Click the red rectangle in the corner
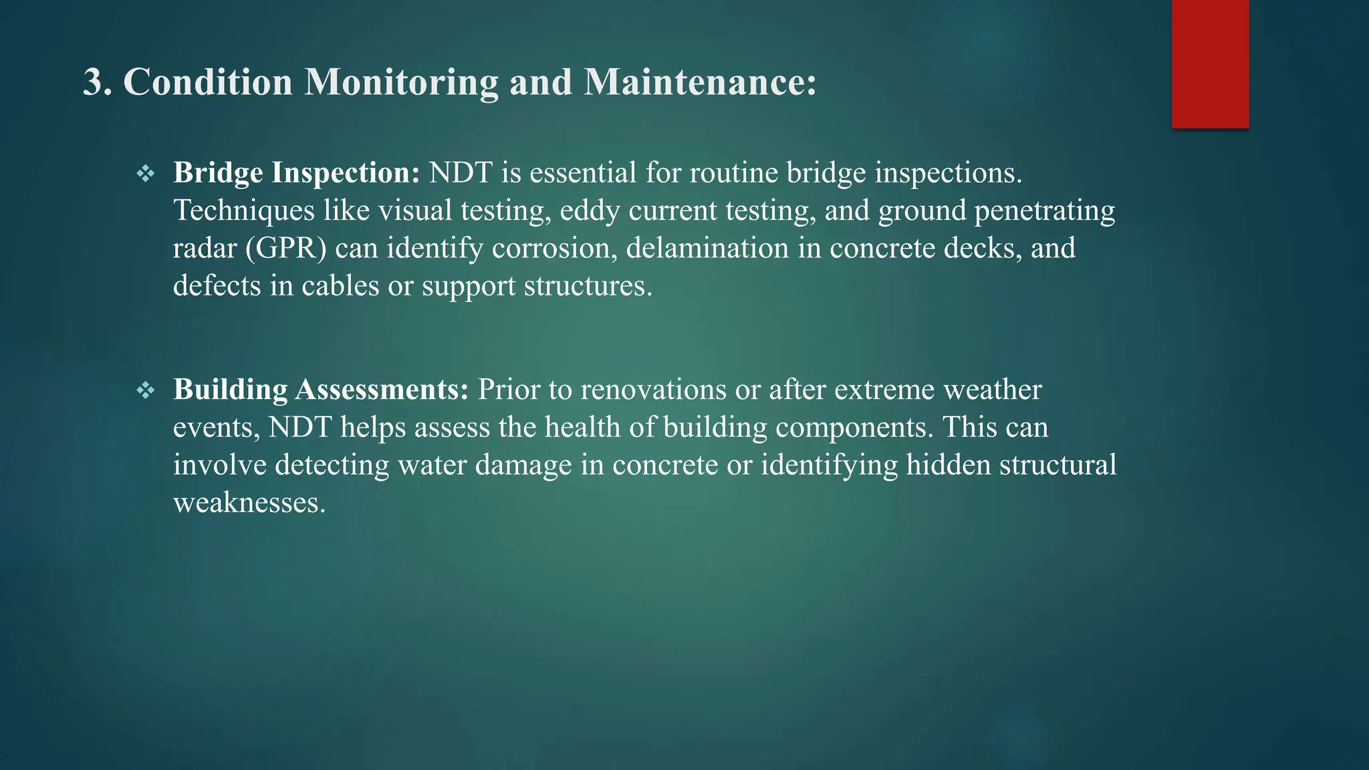[x=1210, y=64]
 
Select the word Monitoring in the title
[x=401, y=82]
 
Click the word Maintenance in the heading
[x=699, y=82]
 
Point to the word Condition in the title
[x=208, y=82]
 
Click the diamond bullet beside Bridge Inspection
[x=146, y=174]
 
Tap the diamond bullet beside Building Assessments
[x=146, y=390]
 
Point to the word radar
[x=205, y=248]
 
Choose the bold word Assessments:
[x=382, y=390]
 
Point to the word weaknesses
[x=249, y=503]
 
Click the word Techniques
[x=243, y=211]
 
